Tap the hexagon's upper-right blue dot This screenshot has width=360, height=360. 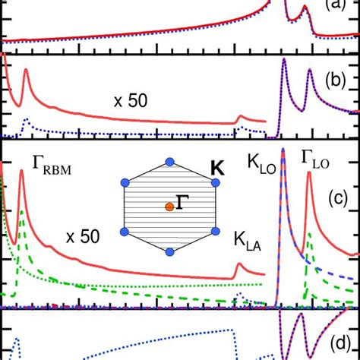pyautogui.click(x=207, y=183)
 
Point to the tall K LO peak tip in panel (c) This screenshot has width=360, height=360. pyautogui.click(x=283, y=148)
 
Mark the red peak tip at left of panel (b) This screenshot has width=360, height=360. pyautogui.click(x=26, y=71)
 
